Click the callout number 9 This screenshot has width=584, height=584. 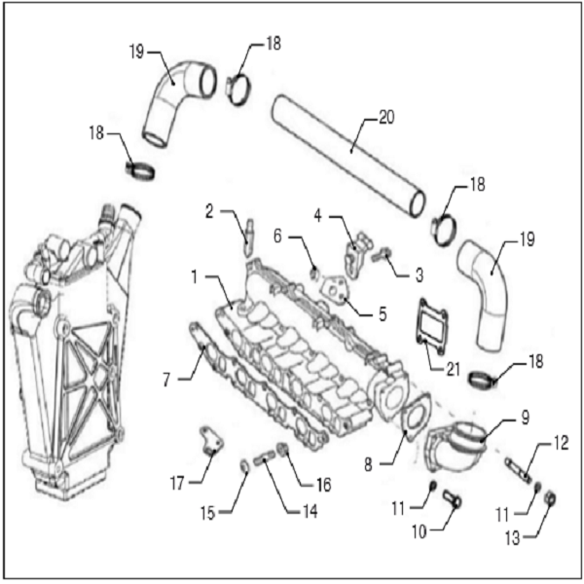tap(525, 420)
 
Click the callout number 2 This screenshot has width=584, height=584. tap(211, 209)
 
